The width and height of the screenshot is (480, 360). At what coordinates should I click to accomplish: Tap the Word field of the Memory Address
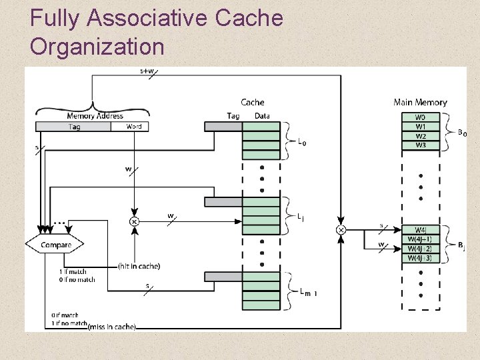click(133, 126)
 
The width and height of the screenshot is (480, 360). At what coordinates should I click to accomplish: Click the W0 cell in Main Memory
click(420, 117)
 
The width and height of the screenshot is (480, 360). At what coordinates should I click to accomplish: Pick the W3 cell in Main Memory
click(420, 145)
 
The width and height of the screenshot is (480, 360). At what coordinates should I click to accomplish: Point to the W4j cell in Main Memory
click(421, 230)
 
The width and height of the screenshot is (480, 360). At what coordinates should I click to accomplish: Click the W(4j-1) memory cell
click(421, 239)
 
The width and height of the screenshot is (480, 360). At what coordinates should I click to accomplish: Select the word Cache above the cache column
click(253, 102)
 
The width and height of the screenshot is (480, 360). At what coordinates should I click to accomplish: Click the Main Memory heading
click(420, 102)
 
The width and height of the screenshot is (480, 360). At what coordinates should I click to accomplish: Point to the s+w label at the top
click(147, 70)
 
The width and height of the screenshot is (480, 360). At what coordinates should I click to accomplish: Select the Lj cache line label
click(301, 217)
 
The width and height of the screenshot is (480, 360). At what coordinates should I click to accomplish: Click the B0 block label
click(462, 133)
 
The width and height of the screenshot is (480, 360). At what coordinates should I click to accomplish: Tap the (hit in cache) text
click(139, 266)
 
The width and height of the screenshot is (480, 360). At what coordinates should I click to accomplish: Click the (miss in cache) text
click(111, 326)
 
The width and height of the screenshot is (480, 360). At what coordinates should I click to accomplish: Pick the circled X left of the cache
click(133, 221)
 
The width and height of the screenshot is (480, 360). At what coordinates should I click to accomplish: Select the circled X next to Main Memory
click(341, 230)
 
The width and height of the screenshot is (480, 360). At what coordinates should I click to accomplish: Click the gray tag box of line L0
click(223, 126)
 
